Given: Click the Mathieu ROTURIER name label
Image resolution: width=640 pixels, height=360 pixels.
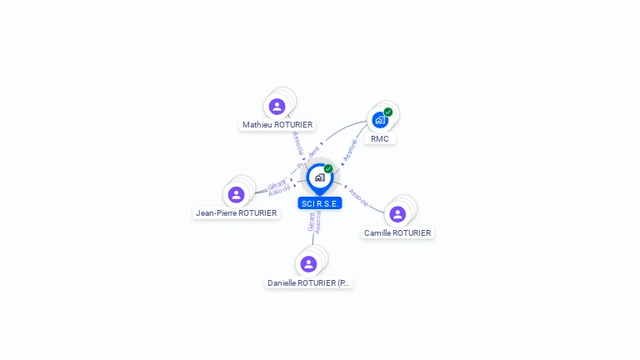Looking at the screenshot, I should click(x=277, y=125).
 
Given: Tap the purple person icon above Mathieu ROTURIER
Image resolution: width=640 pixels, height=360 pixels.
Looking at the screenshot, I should click(x=277, y=107).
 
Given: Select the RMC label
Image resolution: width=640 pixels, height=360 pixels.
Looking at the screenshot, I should click(x=380, y=138).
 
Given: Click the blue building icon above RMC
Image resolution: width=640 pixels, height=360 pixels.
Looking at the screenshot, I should click(x=380, y=119).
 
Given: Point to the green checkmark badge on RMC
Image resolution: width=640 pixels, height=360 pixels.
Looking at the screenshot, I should click(x=388, y=112).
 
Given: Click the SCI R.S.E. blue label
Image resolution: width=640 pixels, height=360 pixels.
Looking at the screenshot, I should click(x=320, y=203).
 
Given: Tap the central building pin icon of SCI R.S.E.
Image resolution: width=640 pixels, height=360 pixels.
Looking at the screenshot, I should click(x=319, y=177).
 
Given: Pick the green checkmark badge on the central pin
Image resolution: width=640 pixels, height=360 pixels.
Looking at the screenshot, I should click(x=328, y=168).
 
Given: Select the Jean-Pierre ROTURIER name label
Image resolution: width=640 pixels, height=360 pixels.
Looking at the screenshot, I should click(x=237, y=212).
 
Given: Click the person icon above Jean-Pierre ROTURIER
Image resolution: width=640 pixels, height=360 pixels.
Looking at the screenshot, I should click(x=237, y=194).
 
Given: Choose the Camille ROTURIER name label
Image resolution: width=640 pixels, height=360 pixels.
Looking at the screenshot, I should click(x=397, y=233).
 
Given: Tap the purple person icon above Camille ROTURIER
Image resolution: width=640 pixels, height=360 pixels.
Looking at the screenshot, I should click(x=397, y=214).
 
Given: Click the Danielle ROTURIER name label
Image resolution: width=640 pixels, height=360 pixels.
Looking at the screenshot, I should click(x=308, y=283).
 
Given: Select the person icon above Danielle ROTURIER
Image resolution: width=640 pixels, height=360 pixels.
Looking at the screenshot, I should click(x=308, y=264).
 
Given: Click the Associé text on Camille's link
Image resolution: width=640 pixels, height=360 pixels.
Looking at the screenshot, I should click(x=359, y=197).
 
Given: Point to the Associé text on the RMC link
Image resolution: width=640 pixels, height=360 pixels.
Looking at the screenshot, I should click(x=351, y=149).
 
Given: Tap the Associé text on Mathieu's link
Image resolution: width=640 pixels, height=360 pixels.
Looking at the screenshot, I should click(x=298, y=144).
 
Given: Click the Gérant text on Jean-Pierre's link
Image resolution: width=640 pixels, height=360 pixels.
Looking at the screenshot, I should click(x=276, y=185).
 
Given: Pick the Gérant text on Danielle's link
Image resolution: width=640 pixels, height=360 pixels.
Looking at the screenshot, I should click(x=311, y=222).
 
